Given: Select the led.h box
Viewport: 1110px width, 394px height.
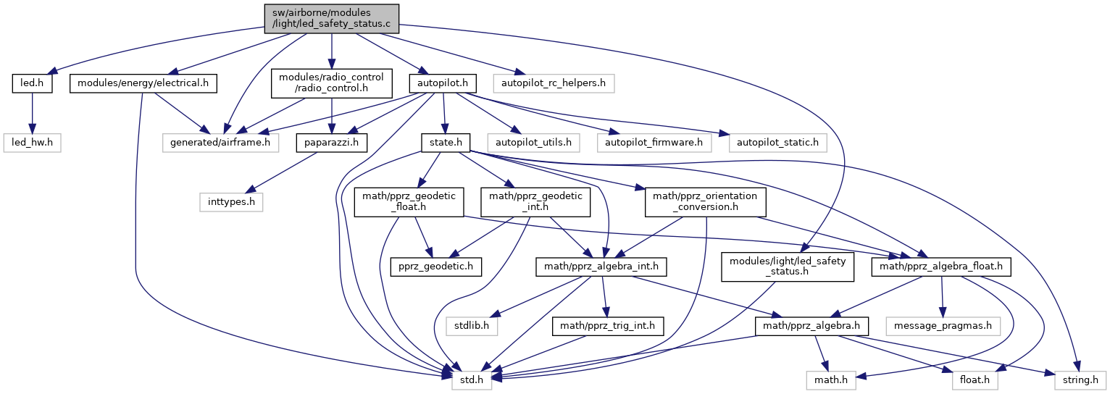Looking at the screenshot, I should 29,83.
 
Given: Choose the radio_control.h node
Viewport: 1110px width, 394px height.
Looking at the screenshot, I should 331,83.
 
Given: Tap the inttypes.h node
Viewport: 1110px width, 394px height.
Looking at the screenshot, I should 230,201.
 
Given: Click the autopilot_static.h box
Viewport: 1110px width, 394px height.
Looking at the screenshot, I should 773,142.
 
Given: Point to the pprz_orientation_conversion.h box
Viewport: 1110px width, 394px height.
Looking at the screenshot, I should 705,201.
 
